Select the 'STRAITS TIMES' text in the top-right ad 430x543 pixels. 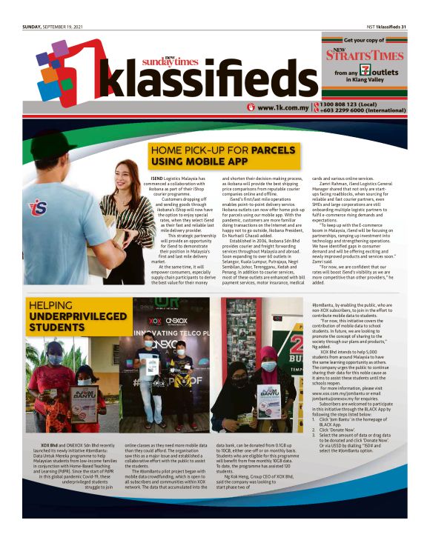[373, 54]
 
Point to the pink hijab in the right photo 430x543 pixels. [268, 359]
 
